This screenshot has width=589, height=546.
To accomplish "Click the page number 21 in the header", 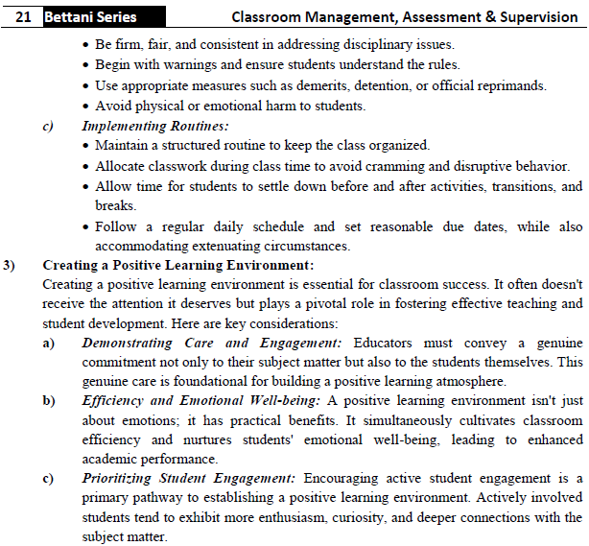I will click(26, 17).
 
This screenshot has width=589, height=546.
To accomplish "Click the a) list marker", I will click(48, 343).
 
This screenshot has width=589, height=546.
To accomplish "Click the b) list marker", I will click(48, 401).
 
